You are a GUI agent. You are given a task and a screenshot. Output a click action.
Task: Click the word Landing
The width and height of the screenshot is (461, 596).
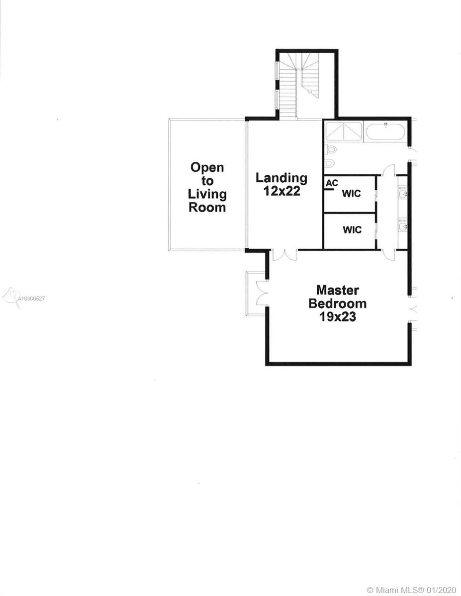point(281,178)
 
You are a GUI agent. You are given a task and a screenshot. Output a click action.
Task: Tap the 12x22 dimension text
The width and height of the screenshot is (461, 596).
point(282,191)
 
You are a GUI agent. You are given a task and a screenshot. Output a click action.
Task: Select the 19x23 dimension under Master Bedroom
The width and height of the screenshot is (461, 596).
point(338,317)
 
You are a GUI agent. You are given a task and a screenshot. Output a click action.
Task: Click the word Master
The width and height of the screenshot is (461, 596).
point(338,290)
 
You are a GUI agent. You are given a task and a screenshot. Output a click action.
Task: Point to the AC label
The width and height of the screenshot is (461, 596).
point(332,183)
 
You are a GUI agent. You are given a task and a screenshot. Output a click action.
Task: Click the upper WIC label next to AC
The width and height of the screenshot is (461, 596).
point(351,193)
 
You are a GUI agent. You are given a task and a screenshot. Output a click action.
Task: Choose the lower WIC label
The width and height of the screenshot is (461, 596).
point(352,230)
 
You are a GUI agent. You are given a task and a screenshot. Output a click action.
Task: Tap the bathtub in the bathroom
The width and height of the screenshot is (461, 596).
point(386,133)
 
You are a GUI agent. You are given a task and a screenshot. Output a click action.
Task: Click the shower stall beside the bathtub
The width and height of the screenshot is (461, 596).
point(344,133)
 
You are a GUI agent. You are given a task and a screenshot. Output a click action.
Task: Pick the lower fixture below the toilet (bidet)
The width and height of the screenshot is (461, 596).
point(330,163)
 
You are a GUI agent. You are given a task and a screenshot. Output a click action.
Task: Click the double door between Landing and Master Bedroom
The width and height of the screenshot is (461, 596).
point(284,254)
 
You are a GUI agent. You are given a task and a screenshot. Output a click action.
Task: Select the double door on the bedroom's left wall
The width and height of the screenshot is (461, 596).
point(261,293)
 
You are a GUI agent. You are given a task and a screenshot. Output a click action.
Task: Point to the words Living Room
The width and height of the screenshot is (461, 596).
point(207,201)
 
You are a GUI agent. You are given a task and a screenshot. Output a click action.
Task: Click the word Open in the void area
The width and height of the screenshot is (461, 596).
point(207,168)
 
